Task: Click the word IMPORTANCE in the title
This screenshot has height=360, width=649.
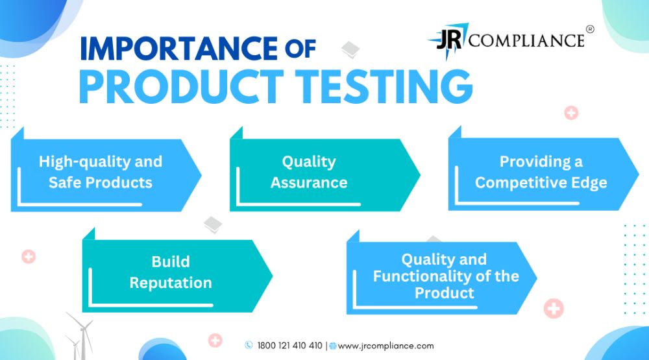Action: coord(178,49)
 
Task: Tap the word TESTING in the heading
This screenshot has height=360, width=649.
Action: coord(384,86)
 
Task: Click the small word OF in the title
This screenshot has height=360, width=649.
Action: coord(300,49)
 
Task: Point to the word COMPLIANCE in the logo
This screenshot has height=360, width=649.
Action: coord(526,41)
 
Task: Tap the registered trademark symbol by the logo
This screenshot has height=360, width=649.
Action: coord(590,29)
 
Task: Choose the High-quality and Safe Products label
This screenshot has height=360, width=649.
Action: coord(101,172)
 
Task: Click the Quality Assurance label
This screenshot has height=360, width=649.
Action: coord(309,172)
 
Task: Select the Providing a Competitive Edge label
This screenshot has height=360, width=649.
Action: coord(541,172)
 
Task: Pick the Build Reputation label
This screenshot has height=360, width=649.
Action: coord(171,272)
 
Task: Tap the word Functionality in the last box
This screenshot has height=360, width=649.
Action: coord(422,276)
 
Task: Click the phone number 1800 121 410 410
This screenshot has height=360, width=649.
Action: coord(289,346)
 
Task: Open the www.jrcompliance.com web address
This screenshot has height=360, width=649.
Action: coord(386,346)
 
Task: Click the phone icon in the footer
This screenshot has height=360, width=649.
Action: coord(249,345)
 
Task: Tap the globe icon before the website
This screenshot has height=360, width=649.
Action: coord(333,346)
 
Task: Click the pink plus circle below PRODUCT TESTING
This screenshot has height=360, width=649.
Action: coord(571,113)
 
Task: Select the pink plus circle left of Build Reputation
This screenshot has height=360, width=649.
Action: coord(29,257)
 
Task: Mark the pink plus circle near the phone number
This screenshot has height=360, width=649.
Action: coord(215,341)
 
